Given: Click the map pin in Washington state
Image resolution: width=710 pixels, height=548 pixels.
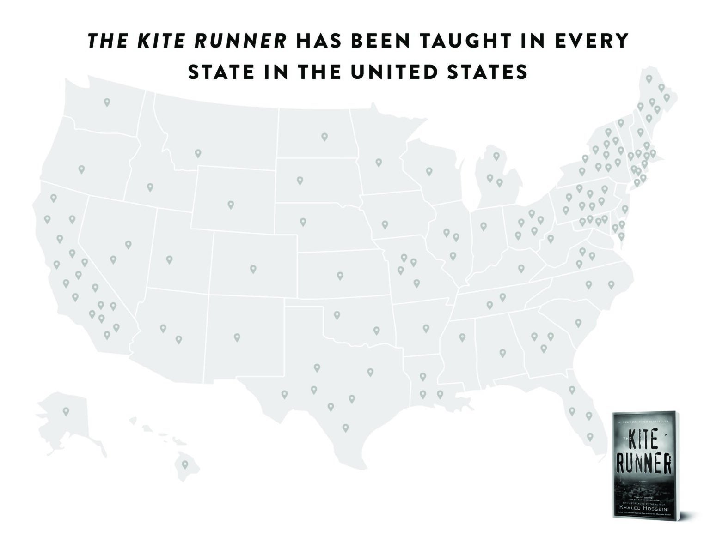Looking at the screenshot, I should point(107,102).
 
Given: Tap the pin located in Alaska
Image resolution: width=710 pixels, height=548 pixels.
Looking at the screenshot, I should point(66,411).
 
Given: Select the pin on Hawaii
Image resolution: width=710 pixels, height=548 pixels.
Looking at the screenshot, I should point(185,464).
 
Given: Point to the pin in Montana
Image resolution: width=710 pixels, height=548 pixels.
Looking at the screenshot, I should point(198,153).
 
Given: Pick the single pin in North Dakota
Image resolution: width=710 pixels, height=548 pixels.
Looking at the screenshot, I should point(324,137).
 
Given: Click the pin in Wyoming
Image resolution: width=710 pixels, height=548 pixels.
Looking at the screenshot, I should point(231,205).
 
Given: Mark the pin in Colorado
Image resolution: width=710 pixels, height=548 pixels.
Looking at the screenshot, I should point(253,269).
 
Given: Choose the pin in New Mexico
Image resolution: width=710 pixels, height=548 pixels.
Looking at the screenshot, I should point(237,337).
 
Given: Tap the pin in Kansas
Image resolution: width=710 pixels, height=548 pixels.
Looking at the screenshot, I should point(340,276).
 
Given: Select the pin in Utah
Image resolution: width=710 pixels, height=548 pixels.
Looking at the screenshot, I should point(169,260).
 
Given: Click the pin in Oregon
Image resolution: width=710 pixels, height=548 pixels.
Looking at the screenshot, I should point(82,169).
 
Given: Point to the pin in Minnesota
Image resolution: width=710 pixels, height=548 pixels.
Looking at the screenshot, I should point(379,162).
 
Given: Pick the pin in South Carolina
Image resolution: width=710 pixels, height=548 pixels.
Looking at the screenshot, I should point(578,322).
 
